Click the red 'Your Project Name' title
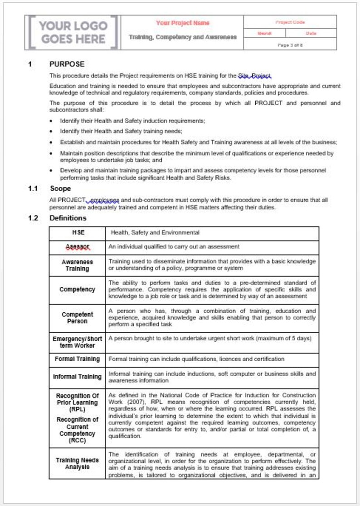183,23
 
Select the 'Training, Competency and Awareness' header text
183,37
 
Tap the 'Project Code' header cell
290,22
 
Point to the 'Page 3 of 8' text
290,44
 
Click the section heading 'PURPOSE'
67,64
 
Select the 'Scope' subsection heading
60,188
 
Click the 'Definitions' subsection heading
68,218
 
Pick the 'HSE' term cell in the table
78,233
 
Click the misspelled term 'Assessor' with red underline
78,247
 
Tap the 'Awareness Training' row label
78,265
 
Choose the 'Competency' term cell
78,290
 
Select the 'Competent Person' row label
78,318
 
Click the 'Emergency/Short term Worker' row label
78,342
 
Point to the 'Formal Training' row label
78,359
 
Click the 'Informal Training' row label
78,377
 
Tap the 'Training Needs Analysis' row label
78,463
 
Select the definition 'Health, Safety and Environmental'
154,233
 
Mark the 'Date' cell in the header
311,34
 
